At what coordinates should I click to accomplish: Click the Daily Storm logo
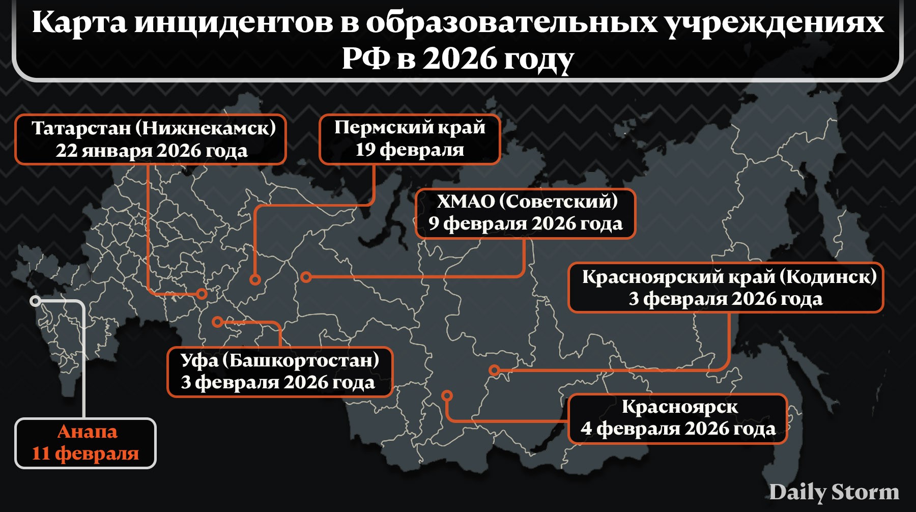tap(834, 492)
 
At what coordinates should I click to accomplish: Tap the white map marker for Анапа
tap(35, 301)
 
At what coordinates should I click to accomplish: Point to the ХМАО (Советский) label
tap(527, 202)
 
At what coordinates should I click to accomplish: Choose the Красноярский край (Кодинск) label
tap(729, 277)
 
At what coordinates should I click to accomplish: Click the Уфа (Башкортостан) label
tap(280, 360)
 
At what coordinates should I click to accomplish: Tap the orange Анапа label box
tap(85, 443)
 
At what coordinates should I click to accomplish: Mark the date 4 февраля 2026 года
tap(678, 429)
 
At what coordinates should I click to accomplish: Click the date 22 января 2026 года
tap(152, 151)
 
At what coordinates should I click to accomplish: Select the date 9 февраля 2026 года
tap(525, 224)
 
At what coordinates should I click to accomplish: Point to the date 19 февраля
tap(410, 150)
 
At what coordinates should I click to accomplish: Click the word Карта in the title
tap(79, 23)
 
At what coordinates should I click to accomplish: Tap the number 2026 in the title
tap(459, 59)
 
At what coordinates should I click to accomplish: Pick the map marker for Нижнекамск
tap(202, 294)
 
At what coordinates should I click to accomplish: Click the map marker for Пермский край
tap(255, 279)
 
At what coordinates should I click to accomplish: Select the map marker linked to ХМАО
tap(306, 277)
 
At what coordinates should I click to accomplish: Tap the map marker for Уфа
tap(217, 322)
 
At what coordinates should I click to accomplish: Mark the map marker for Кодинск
tap(494, 371)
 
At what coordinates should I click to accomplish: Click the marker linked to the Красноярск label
tap(447, 395)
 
